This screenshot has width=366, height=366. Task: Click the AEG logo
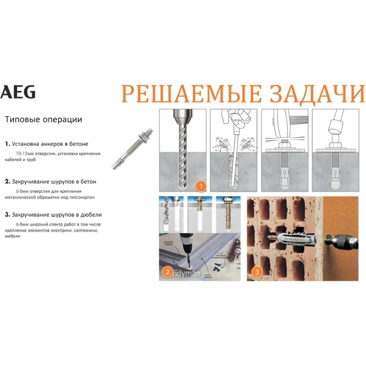click(19, 92)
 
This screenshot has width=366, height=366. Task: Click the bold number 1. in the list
click(7, 144)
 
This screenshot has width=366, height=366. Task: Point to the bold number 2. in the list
click(7, 181)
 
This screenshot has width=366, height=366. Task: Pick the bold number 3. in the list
click(7, 214)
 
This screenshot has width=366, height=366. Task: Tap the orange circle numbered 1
click(201, 186)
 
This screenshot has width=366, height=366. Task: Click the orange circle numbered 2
click(168, 272)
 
